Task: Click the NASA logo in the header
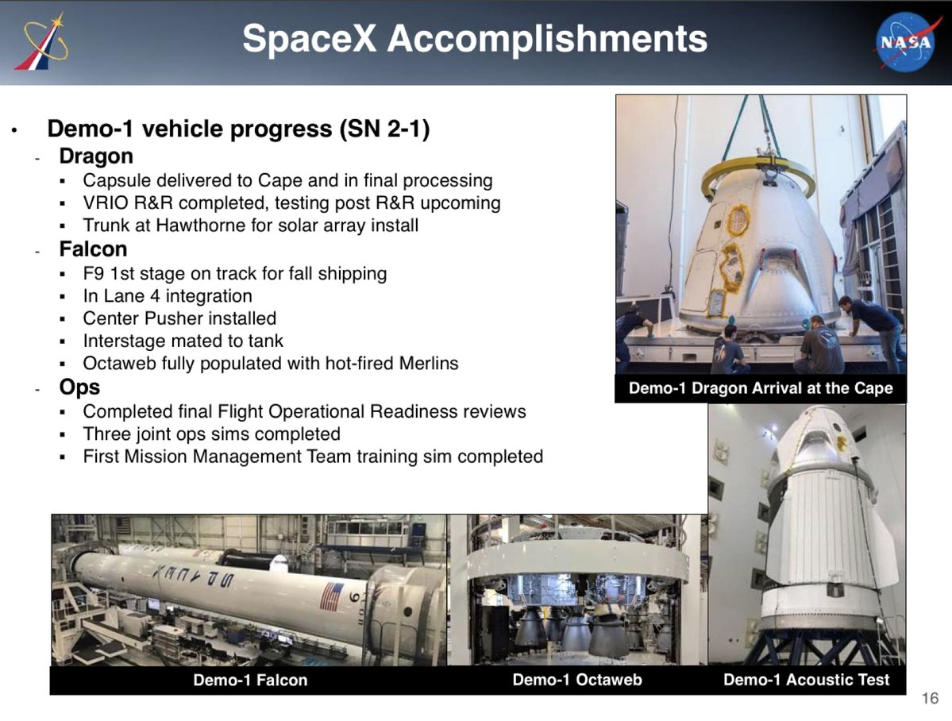pyautogui.click(x=905, y=41)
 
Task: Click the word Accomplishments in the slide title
pyautogui.click(x=547, y=39)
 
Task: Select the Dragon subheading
pyautogui.click(x=96, y=156)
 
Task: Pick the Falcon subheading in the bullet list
pyautogui.click(x=93, y=249)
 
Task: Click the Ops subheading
pyautogui.click(x=79, y=387)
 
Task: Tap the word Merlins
pyautogui.click(x=429, y=363)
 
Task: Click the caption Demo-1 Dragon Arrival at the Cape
pyautogui.click(x=761, y=388)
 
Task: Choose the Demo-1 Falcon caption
pyautogui.click(x=250, y=680)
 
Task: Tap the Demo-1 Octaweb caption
pyautogui.click(x=576, y=680)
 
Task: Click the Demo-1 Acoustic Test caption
pyautogui.click(x=806, y=680)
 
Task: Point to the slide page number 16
pyautogui.click(x=930, y=699)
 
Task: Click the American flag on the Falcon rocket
pyautogui.click(x=332, y=596)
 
